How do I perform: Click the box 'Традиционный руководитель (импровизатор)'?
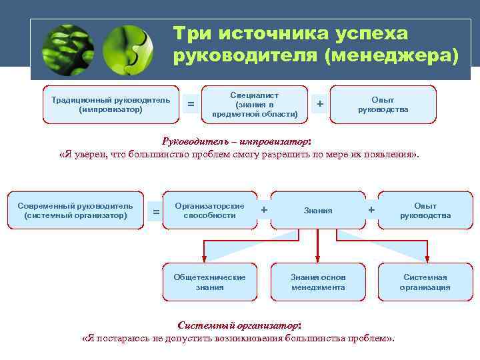click(111, 105)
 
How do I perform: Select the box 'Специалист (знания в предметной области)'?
click(254, 105)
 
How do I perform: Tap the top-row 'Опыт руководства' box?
click(383, 105)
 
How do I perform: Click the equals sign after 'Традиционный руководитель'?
click(191, 104)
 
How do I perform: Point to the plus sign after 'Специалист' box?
click(320, 104)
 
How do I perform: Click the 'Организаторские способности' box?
click(209, 211)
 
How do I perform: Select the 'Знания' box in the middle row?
click(318, 211)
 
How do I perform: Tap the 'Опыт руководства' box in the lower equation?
click(425, 211)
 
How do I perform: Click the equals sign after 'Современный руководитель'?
click(156, 212)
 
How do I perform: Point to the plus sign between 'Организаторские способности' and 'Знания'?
click(265, 209)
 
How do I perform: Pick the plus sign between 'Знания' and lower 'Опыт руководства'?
click(371, 209)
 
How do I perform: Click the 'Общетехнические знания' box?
click(209, 282)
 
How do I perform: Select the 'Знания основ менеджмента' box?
click(318, 282)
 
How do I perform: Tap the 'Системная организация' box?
click(425, 282)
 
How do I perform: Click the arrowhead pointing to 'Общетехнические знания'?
click(204, 259)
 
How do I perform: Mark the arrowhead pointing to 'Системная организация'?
click(427, 259)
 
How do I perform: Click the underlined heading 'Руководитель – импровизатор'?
click(236, 141)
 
